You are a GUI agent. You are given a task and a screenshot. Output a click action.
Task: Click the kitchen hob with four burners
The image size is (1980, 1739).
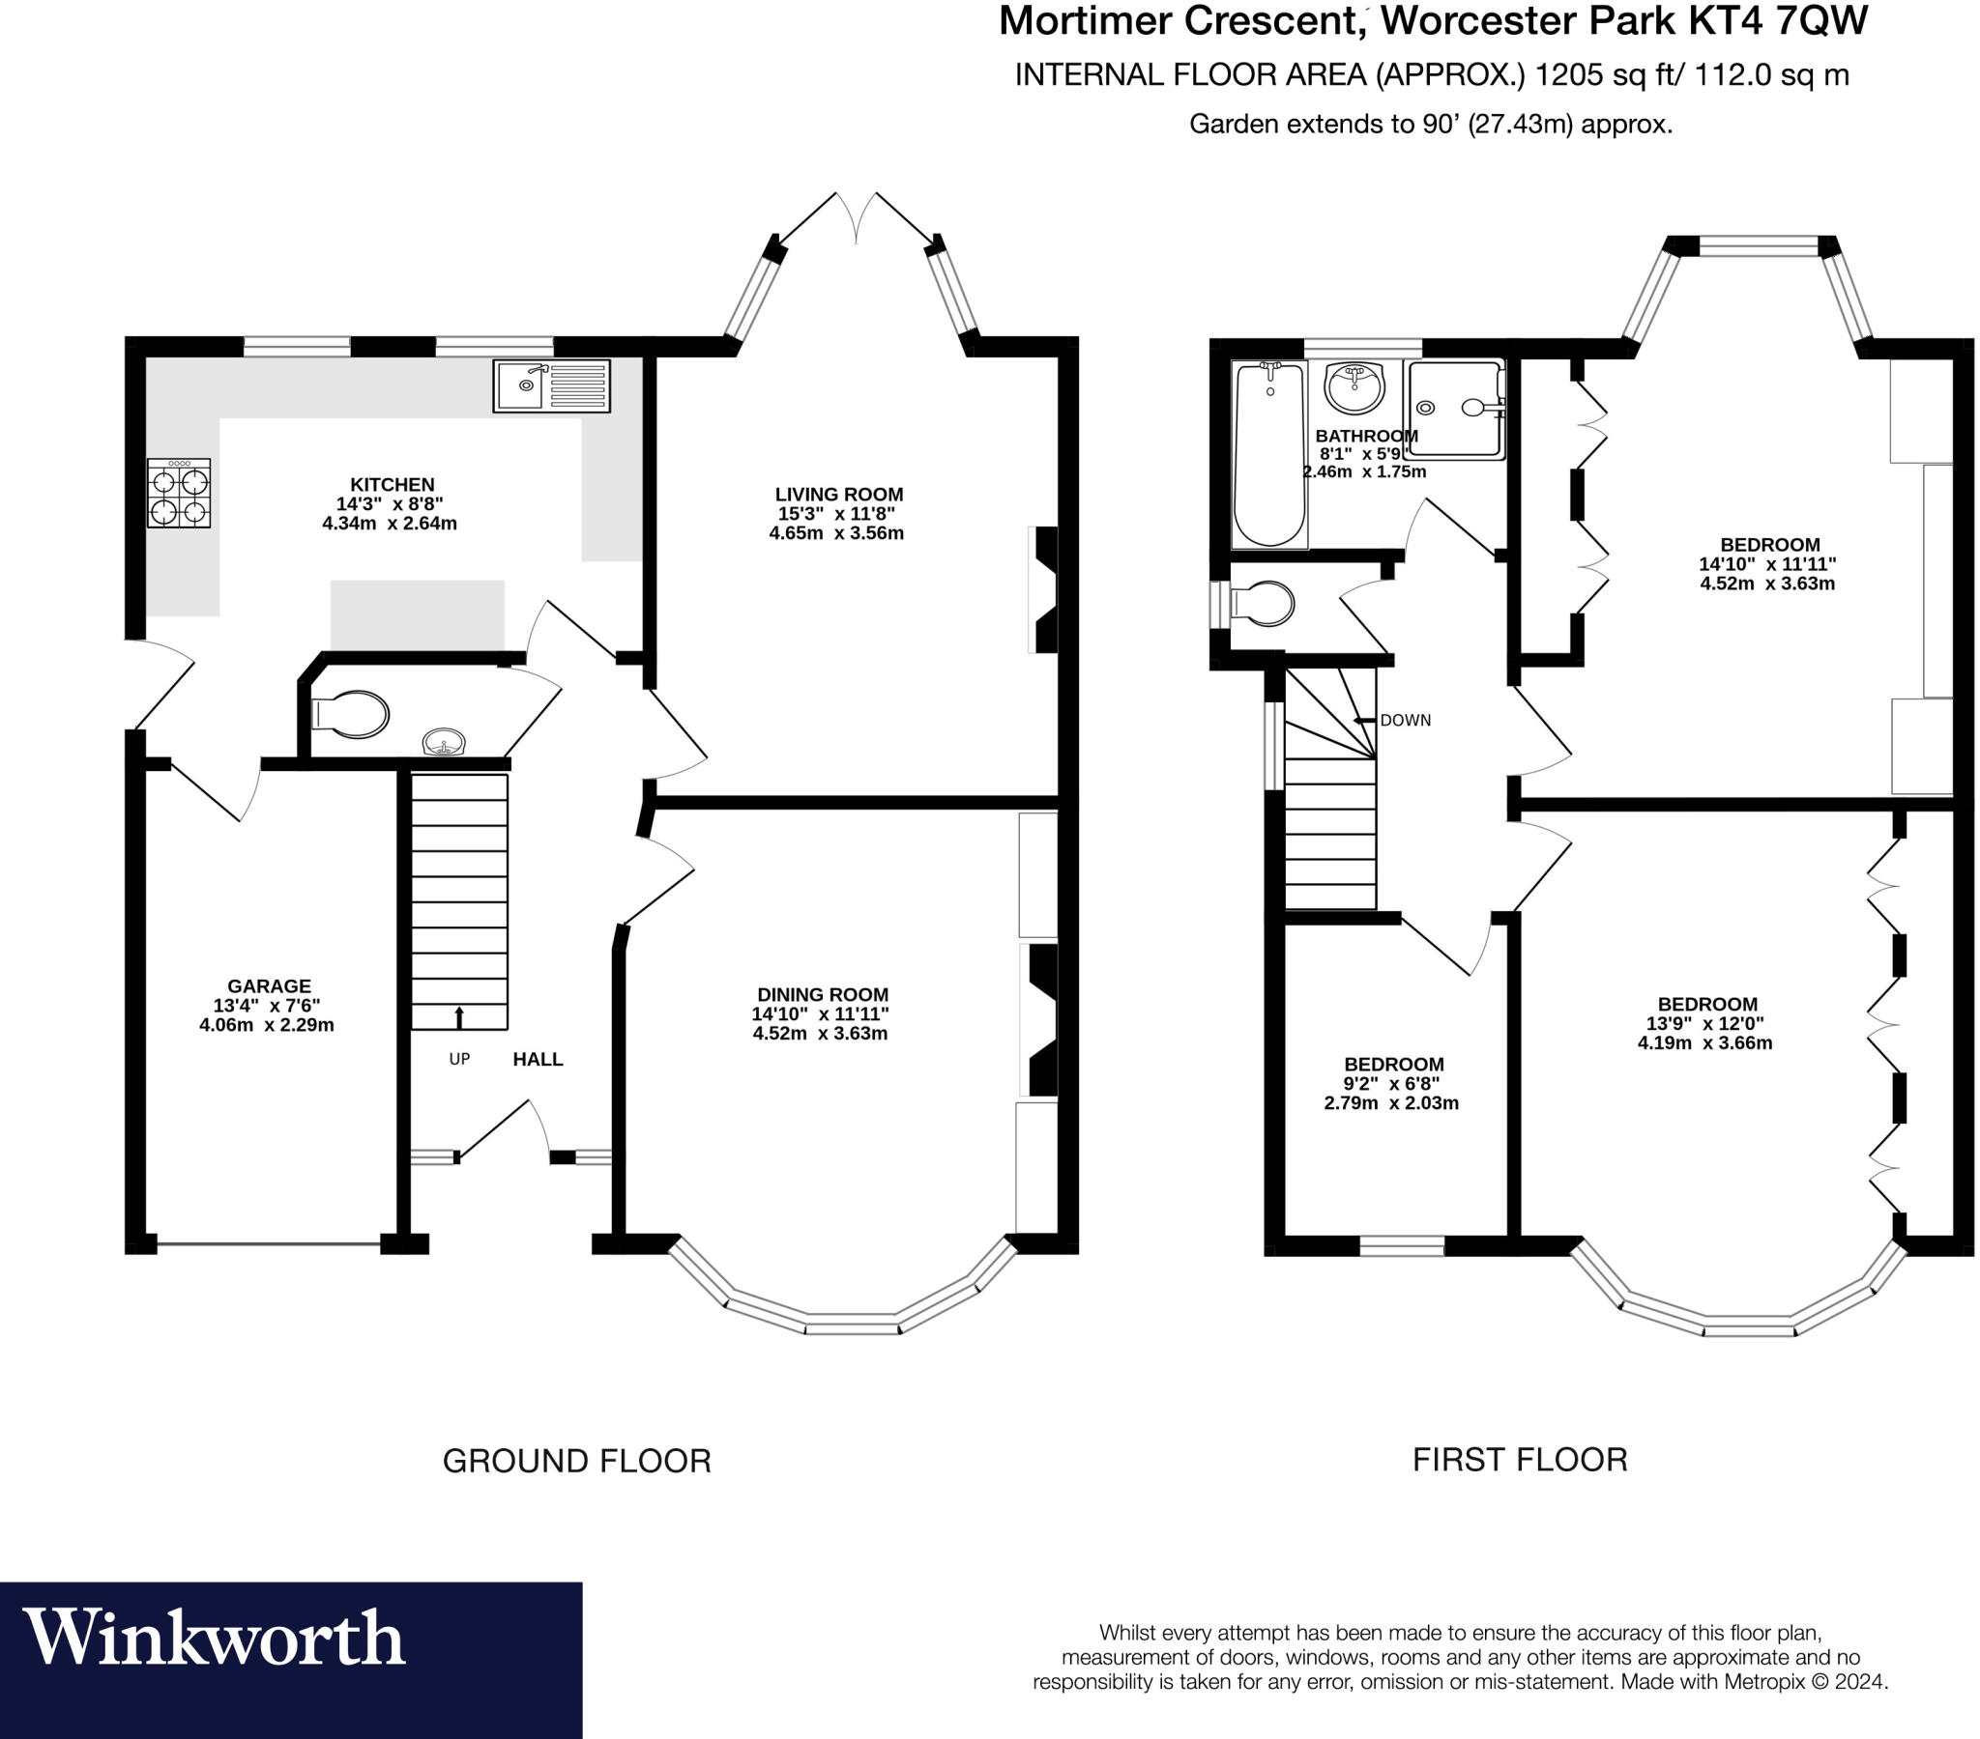(178, 493)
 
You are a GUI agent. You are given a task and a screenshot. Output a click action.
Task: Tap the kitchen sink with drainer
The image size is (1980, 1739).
(551, 385)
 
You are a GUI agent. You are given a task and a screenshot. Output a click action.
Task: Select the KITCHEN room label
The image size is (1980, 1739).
(392, 484)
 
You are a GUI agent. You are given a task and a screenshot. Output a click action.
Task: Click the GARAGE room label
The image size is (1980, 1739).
(269, 985)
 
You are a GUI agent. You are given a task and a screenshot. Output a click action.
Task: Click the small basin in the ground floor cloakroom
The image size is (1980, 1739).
(444, 743)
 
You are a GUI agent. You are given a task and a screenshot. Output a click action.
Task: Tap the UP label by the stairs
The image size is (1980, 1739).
(459, 1059)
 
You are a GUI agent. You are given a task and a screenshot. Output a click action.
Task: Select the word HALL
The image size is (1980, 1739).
(538, 1059)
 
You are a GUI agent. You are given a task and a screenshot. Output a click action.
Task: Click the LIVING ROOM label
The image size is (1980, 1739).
(838, 494)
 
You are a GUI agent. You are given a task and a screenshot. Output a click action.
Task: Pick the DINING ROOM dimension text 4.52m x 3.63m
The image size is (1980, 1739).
(820, 1033)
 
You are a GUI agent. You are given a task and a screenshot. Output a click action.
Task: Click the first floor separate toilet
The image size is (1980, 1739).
(1261, 604)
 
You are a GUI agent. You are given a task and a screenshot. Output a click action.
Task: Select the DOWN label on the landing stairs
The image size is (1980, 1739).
(1405, 721)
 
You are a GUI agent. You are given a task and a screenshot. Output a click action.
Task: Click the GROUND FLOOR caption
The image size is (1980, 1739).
(576, 1461)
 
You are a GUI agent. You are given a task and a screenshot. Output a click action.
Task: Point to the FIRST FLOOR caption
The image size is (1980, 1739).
(1519, 1460)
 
